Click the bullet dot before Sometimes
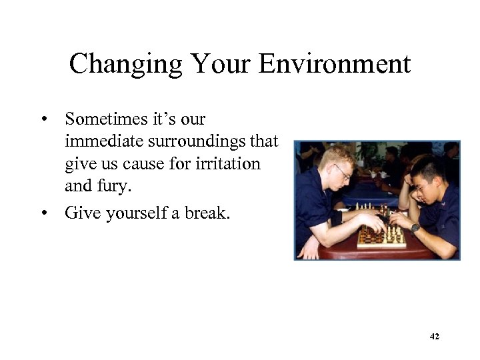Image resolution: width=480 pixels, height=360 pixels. (44, 120)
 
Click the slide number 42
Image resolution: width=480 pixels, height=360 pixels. (434, 337)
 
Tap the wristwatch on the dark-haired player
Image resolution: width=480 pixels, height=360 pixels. (415, 227)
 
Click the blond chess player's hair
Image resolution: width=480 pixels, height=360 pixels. (333, 155)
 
